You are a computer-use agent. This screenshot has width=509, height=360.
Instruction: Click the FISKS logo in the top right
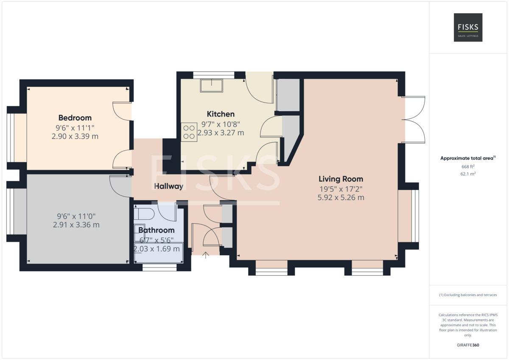(x=468, y=27)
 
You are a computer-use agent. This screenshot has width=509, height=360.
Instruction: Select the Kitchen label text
(x=221, y=114)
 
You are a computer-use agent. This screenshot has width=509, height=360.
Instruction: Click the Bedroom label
(x=75, y=118)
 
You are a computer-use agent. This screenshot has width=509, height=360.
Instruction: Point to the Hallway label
(x=168, y=186)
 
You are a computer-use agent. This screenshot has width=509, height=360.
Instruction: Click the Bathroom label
(x=157, y=230)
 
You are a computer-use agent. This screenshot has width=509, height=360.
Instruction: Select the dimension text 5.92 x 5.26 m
(x=341, y=198)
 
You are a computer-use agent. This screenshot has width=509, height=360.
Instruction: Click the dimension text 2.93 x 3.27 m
(x=221, y=133)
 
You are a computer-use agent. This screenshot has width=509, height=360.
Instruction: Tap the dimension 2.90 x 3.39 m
(x=75, y=136)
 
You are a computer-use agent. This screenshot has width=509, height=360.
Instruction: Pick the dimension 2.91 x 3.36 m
(x=76, y=225)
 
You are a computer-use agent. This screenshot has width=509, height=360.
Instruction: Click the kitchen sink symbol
(x=211, y=86)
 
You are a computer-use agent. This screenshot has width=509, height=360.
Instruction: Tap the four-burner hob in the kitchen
(x=189, y=132)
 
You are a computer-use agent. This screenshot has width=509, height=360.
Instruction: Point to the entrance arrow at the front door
(x=206, y=255)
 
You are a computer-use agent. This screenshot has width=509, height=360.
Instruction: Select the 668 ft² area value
(x=468, y=167)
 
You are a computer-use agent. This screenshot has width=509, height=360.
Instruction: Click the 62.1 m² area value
(x=468, y=174)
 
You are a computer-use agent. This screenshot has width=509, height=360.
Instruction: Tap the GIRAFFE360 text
(x=468, y=345)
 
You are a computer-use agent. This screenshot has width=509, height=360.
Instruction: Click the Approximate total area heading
(x=467, y=158)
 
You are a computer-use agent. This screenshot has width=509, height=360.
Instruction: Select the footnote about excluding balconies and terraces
(x=468, y=295)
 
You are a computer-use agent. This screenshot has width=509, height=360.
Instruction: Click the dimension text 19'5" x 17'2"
(x=341, y=189)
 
